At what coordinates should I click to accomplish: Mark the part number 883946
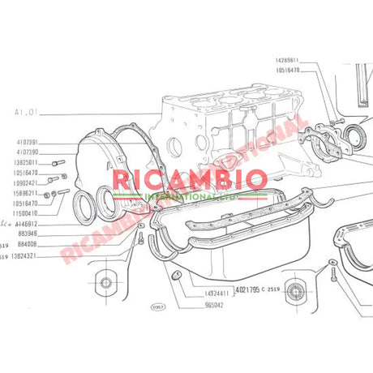point(28,233)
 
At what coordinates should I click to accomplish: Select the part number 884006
point(28,243)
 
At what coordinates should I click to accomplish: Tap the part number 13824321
point(28,255)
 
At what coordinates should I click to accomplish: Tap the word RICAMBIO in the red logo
point(188,180)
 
